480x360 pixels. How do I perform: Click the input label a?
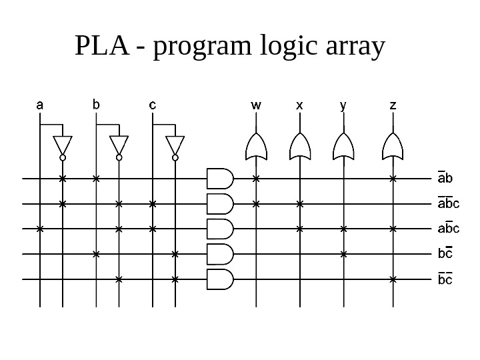(x=40, y=105)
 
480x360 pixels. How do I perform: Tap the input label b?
(x=97, y=105)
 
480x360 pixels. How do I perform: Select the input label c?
(x=153, y=105)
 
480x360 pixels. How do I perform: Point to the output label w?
(x=256, y=105)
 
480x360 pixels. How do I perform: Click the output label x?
(x=299, y=105)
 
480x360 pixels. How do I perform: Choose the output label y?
(x=343, y=105)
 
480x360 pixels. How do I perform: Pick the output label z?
(x=393, y=105)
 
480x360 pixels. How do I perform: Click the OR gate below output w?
(x=257, y=146)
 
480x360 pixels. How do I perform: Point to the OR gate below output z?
(x=393, y=146)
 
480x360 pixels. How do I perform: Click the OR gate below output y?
(x=343, y=146)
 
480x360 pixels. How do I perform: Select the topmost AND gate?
(x=220, y=179)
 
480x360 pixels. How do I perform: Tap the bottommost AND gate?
(x=220, y=279)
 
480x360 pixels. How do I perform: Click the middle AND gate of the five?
(x=220, y=229)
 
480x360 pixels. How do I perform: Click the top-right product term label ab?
(x=444, y=178)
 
